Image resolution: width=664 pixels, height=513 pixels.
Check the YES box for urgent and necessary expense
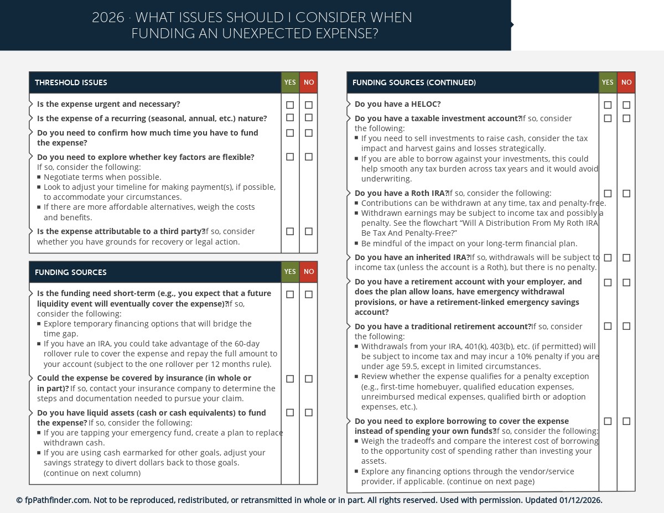pyautogui.click(x=290, y=105)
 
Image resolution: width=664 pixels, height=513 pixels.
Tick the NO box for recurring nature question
pyautogui.click(x=309, y=118)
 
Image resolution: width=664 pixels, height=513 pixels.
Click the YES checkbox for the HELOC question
pyautogui.click(x=608, y=105)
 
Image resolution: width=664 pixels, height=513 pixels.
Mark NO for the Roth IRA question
pyautogui.click(x=626, y=194)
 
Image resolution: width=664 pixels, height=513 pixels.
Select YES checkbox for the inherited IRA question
pyautogui.click(x=608, y=258)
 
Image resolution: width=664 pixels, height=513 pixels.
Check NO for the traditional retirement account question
pyautogui.click(x=626, y=327)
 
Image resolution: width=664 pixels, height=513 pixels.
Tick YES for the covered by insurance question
pyautogui.click(x=290, y=379)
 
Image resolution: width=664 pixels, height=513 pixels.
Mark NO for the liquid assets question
pyautogui.click(x=309, y=413)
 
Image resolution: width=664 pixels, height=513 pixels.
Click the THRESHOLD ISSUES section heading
pyautogui.click(x=71, y=82)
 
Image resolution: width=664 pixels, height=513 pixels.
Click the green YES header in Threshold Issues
pyautogui.click(x=290, y=82)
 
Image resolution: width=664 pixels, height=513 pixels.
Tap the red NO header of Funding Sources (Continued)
pyautogui.click(x=626, y=82)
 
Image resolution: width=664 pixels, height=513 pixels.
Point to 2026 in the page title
pyautogui.click(x=108, y=18)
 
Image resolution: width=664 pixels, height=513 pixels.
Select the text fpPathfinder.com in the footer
pyautogui.click(x=58, y=500)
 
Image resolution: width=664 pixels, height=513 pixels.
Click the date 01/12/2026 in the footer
pyautogui.click(x=580, y=500)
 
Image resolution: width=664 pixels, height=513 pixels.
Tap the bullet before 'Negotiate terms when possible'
pyautogui.click(x=39, y=178)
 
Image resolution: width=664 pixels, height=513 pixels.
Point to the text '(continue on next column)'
pyautogui.click(x=92, y=473)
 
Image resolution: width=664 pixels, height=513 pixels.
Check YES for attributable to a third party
pyautogui.click(x=290, y=232)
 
